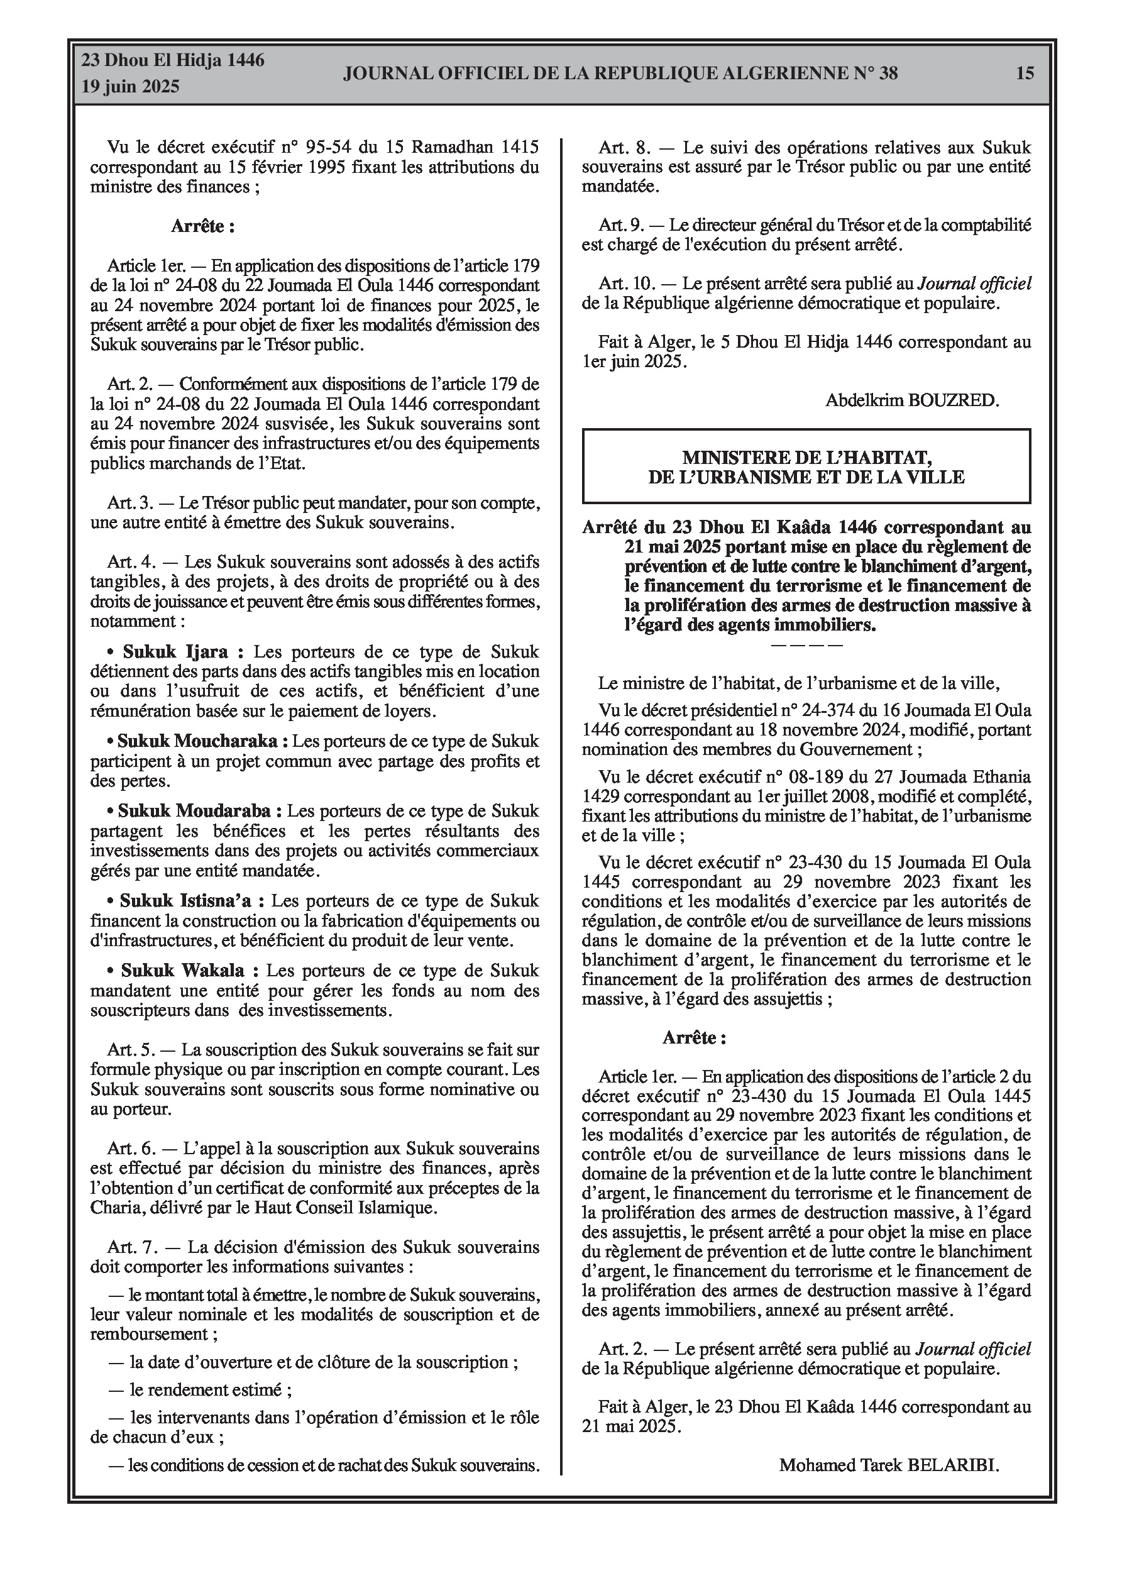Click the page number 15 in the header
click(x=1025, y=73)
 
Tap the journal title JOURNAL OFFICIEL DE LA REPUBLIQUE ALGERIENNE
click(x=620, y=74)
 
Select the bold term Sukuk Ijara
click(x=176, y=651)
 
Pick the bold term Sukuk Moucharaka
click(x=198, y=741)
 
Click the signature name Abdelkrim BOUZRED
click(x=911, y=400)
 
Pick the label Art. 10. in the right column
click(x=627, y=283)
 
